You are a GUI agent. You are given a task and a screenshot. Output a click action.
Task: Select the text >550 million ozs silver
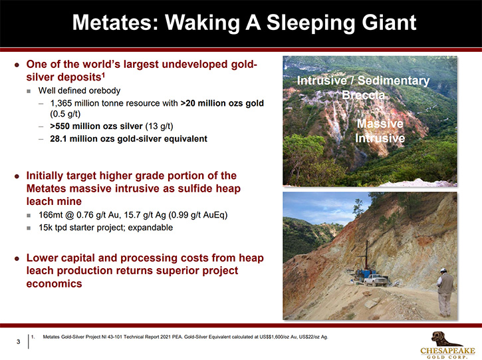96,126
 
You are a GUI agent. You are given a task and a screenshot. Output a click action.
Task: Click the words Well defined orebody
79,90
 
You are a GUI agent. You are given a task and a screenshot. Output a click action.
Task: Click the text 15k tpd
53,228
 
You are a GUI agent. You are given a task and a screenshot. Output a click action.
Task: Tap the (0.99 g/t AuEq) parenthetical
198,215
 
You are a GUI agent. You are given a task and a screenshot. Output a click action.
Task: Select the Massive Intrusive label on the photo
380,131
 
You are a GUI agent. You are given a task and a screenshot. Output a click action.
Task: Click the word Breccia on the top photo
364,94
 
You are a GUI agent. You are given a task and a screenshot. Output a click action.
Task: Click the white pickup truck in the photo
376,279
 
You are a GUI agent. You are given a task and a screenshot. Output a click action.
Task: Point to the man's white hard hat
443,270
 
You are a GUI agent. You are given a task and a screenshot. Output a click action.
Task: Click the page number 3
18,341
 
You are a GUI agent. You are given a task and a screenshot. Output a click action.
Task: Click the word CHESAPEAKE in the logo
447,351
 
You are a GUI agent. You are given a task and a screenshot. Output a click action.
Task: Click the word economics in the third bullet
54,283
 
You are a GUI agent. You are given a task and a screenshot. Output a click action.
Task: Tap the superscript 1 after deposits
103,74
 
